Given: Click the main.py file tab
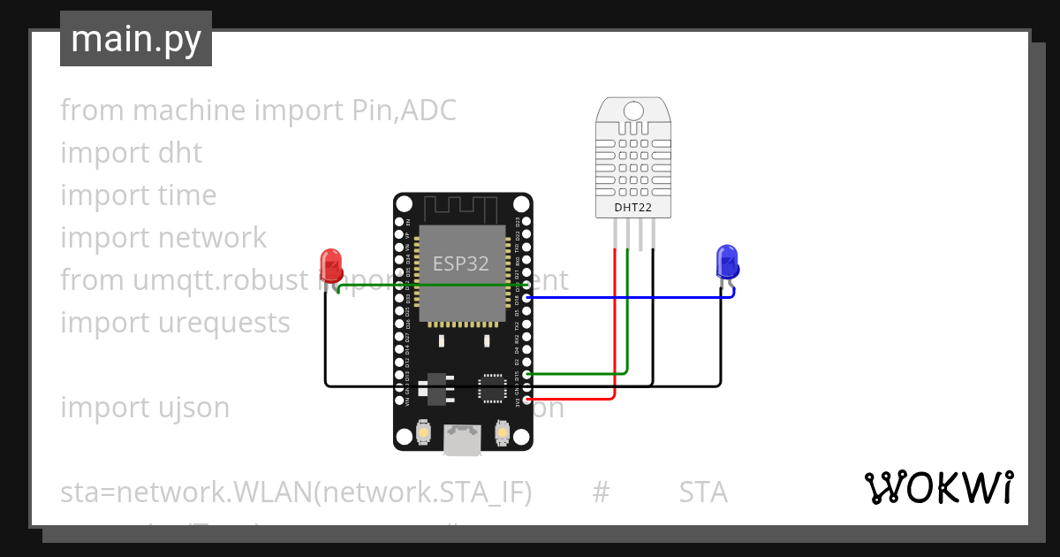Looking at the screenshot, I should [135, 40].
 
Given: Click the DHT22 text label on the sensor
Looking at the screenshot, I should [633, 208].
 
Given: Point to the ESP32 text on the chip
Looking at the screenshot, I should [460, 263].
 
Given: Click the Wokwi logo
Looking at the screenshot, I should [937, 487].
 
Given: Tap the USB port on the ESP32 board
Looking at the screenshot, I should [462, 439].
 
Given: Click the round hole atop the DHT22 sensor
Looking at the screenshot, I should [633, 111].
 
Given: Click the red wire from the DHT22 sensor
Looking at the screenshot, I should [614, 327].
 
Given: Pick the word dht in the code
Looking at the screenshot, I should [179, 153].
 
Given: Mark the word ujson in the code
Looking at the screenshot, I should [189, 408].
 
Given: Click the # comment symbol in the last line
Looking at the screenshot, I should [601, 492].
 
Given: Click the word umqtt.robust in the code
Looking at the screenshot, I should [222, 280].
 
